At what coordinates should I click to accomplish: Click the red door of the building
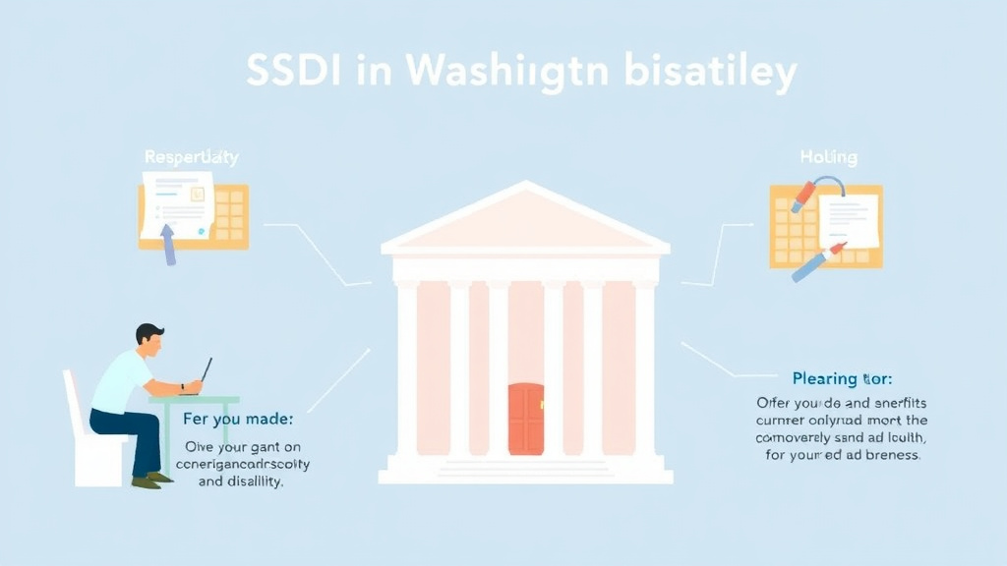click(x=526, y=419)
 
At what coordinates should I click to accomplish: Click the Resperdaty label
click(x=191, y=157)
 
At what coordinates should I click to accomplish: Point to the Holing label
click(x=828, y=157)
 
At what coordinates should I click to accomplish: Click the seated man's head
click(x=149, y=340)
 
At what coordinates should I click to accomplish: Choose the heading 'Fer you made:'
click(x=238, y=419)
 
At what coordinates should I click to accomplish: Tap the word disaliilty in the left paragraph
click(x=249, y=481)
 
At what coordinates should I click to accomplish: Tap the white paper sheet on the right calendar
click(x=848, y=220)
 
